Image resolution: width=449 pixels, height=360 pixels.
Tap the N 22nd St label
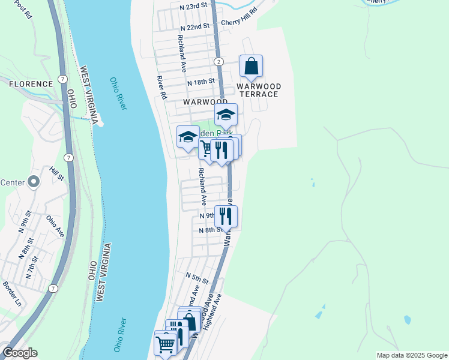click(x=195, y=27)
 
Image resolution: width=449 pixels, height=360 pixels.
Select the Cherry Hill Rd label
click(x=239, y=17)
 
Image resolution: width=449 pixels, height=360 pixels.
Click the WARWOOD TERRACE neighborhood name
click(x=258, y=90)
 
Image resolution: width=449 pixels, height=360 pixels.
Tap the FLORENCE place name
click(x=31, y=84)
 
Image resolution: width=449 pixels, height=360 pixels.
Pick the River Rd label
click(x=161, y=87)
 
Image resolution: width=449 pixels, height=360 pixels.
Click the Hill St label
click(x=57, y=174)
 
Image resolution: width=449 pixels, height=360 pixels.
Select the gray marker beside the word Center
click(x=34, y=181)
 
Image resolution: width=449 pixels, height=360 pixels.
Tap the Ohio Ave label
click(x=56, y=223)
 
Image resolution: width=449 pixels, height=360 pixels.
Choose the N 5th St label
click(x=196, y=280)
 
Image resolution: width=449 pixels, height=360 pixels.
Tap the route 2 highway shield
click(x=218, y=62)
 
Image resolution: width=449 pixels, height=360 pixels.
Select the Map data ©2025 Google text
click(x=412, y=355)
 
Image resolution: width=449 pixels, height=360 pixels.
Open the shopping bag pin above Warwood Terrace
click(x=251, y=67)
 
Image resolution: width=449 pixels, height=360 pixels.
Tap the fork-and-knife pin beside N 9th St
click(x=226, y=216)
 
